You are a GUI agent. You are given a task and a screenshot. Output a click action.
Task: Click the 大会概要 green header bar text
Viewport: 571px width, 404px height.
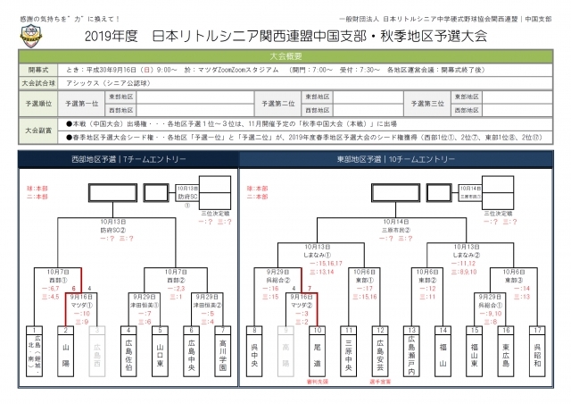click(x=285, y=55)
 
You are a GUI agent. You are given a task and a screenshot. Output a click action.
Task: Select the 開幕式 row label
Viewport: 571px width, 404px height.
click(x=37, y=68)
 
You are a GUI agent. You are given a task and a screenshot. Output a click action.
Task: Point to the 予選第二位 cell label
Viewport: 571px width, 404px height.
click(x=275, y=102)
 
